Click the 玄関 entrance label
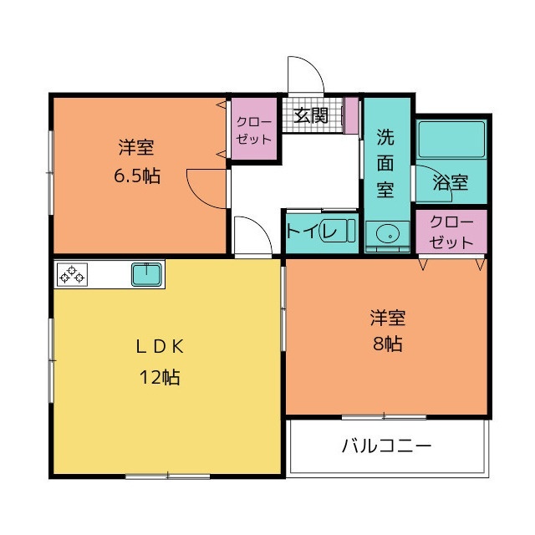coord(311,116)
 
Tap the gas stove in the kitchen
coord(72,273)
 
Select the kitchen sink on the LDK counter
coord(147,273)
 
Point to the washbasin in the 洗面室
coord(385,235)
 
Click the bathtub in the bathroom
coord(451,138)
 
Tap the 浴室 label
coord(451,182)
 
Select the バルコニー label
coord(386,446)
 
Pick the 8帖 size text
coord(388,343)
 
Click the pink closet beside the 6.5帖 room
coord(253,130)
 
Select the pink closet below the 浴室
coord(451,232)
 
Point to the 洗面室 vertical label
coord(385,162)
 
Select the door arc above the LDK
coord(252,235)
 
